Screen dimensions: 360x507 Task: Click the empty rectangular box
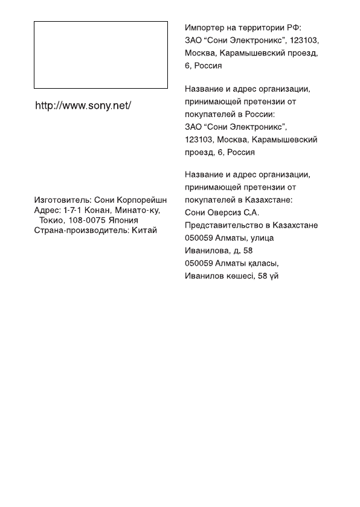(x=100, y=55)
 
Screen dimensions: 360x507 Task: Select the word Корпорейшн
(x=143, y=199)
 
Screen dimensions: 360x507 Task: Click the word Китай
(x=144, y=231)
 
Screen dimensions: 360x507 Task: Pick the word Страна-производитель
(x=77, y=231)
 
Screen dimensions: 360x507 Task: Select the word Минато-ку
(x=138, y=210)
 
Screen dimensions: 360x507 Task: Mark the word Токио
(x=52, y=220)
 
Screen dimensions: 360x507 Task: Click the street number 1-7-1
(x=72, y=210)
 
